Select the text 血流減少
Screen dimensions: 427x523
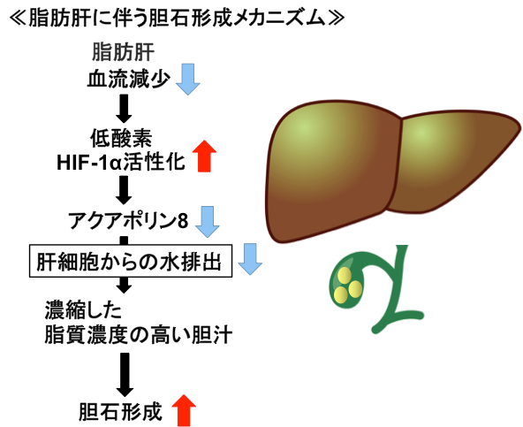click(x=127, y=80)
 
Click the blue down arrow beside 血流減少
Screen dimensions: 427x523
click(x=188, y=80)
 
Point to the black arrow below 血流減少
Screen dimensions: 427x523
click(x=125, y=109)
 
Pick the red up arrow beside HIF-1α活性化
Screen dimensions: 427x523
click(x=203, y=156)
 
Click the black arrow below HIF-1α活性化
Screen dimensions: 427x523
click(x=125, y=189)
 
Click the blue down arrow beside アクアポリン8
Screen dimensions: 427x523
click(x=208, y=221)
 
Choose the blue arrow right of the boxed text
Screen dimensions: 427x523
click(x=251, y=259)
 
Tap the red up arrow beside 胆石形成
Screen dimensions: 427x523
click(x=184, y=409)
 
